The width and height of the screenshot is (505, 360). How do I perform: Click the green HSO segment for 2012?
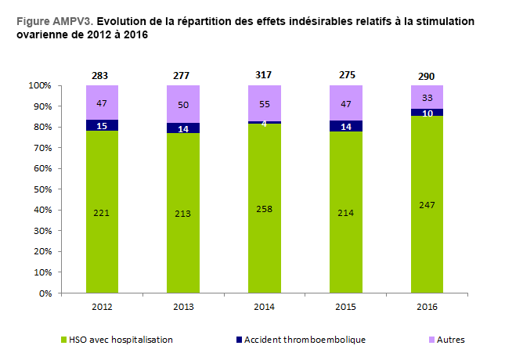point(103,211)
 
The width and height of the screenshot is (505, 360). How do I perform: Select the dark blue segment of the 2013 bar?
point(183,128)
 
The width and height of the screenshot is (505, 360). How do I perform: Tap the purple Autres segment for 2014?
point(264,103)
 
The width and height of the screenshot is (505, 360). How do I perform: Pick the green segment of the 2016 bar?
point(427,204)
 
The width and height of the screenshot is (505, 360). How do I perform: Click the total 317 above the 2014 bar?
point(264,75)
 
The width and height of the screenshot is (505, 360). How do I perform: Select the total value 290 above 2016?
point(427,76)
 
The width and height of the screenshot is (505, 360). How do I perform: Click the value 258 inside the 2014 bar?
point(264,211)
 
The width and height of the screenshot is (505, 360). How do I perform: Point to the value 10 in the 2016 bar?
point(427,113)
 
